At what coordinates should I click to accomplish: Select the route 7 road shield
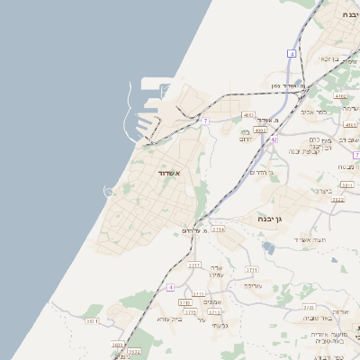(205, 121)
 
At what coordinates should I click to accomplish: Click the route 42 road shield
(274, 140)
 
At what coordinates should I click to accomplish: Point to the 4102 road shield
(339, 94)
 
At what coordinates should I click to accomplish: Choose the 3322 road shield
(337, 200)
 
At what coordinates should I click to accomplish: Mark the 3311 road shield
(346, 184)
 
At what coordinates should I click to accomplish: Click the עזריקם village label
(253, 285)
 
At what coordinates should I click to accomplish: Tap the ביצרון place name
(325, 191)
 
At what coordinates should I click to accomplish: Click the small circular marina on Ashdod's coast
(109, 191)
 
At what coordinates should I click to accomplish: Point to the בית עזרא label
(168, 319)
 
